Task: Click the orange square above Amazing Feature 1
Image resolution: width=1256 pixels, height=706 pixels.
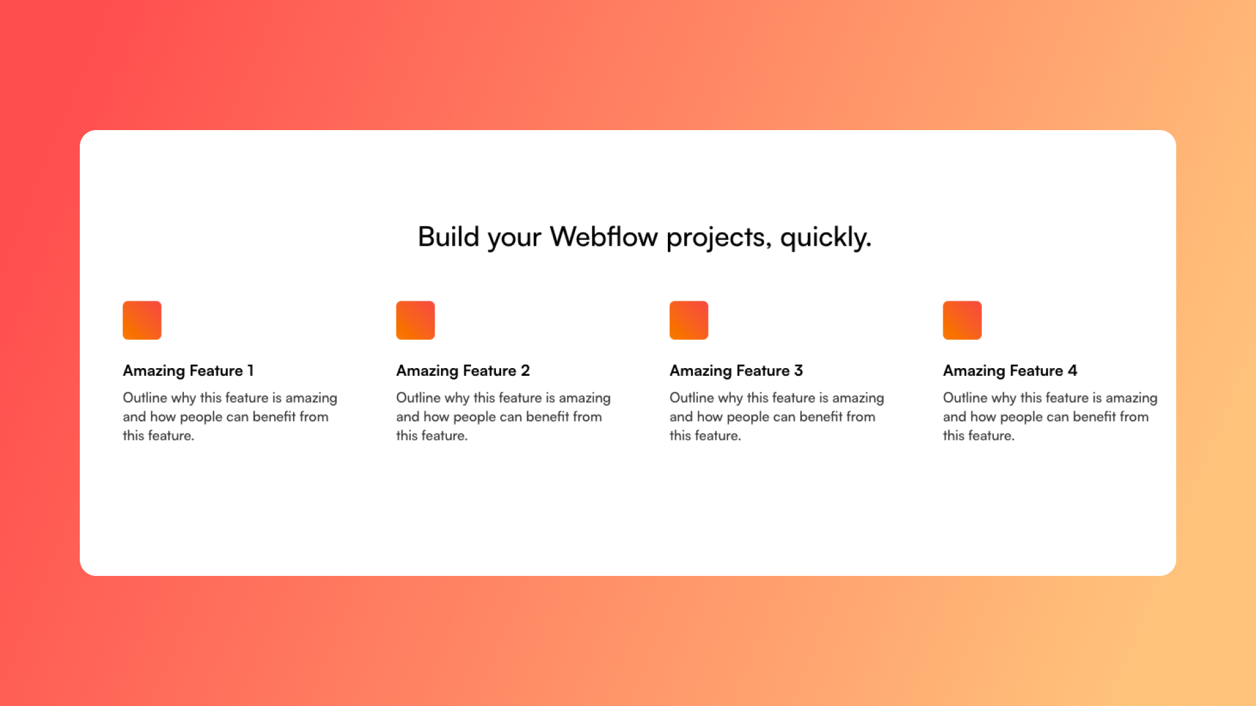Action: point(142,320)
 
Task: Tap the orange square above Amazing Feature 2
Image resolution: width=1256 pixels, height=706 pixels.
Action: point(415,320)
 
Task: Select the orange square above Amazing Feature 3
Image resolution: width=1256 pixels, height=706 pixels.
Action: point(689,320)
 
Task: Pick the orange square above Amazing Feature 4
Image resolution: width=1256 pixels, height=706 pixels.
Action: point(962,320)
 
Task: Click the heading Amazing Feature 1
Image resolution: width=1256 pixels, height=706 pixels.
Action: point(188,371)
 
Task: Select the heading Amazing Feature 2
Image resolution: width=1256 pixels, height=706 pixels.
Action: point(463,371)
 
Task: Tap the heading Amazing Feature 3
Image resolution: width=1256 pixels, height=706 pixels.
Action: point(737,371)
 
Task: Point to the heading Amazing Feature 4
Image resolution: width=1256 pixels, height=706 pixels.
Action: point(1010,371)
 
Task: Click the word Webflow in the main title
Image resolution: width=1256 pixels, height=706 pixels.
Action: point(603,237)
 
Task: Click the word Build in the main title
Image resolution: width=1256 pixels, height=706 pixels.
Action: point(449,237)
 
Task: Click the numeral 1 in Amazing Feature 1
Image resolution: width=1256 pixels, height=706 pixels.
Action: point(251,371)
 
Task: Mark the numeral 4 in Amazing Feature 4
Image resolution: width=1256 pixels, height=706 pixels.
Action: point(1073,371)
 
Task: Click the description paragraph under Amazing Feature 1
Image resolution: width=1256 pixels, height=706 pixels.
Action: point(230,416)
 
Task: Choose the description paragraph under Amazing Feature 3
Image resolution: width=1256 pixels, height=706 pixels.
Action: point(777,416)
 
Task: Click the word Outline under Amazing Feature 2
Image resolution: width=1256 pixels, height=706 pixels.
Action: point(419,397)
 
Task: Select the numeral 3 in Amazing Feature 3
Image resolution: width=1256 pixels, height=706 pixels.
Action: point(799,371)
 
